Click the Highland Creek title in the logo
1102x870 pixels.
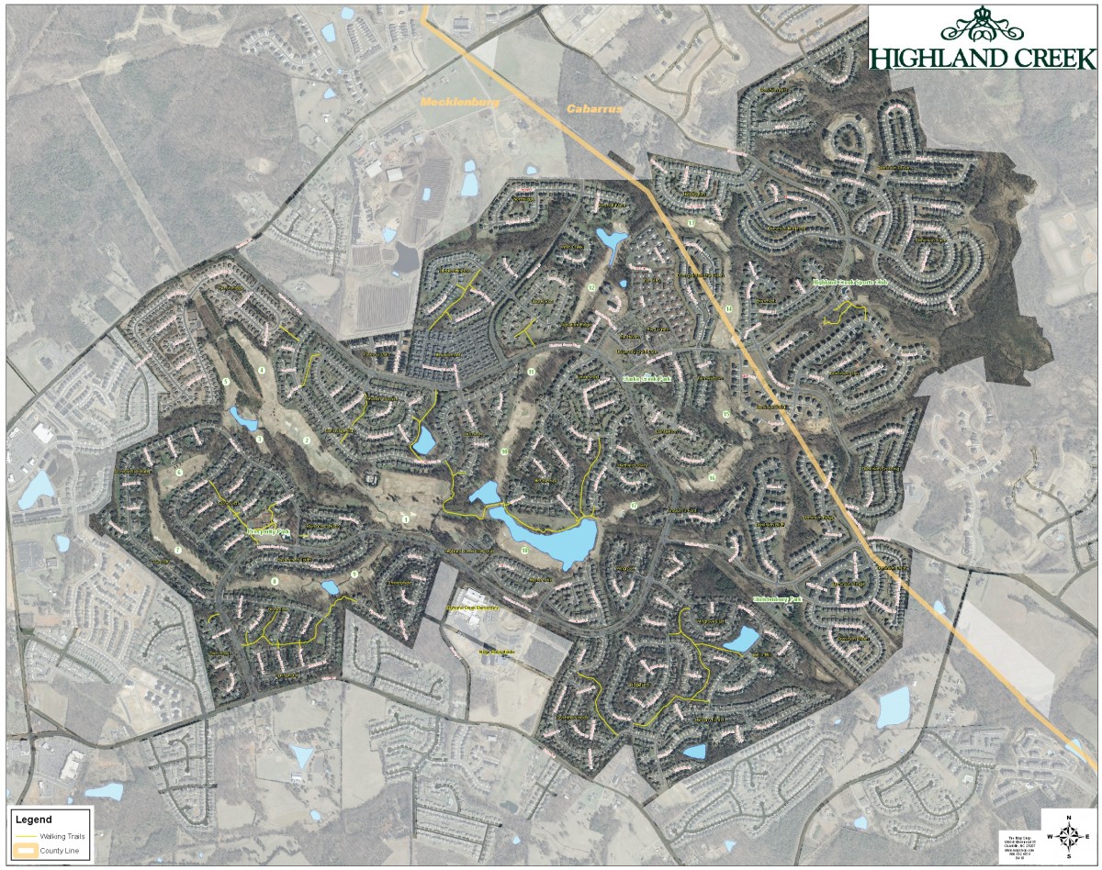(984, 58)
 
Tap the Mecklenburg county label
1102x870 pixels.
(459, 103)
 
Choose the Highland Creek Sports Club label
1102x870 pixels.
(849, 284)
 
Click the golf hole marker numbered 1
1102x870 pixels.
(405, 519)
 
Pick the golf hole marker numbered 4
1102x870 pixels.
(262, 371)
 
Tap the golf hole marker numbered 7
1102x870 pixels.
(177, 549)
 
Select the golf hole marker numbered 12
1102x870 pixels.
(592, 288)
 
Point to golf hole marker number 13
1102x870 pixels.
(691, 224)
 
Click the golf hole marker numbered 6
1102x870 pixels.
(180, 472)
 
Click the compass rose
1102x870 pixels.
(1069, 834)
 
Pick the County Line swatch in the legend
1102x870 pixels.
(26, 850)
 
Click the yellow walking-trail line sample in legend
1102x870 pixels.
(26, 837)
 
